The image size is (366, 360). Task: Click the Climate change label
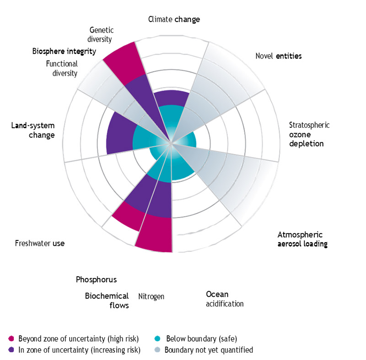tap(174, 19)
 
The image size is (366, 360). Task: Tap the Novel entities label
tap(278, 56)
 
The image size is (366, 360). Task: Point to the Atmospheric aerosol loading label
tap(302, 239)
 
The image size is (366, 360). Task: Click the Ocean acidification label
tap(224, 299)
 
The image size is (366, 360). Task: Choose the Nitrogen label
tap(151, 296)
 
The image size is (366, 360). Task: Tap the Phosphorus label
tap(96, 279)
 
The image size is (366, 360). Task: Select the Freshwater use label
tap(39, 243)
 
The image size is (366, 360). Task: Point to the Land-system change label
tap(32, 130)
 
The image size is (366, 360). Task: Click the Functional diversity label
tap(62, 68)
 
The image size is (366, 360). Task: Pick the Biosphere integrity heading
tap(64, 51)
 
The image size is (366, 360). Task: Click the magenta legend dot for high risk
tap(11, 339)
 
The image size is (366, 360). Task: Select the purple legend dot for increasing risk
tap(11, 350)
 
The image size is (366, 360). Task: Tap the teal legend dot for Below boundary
tap(157, 339)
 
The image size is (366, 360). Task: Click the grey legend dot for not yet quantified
tap(157, 350)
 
